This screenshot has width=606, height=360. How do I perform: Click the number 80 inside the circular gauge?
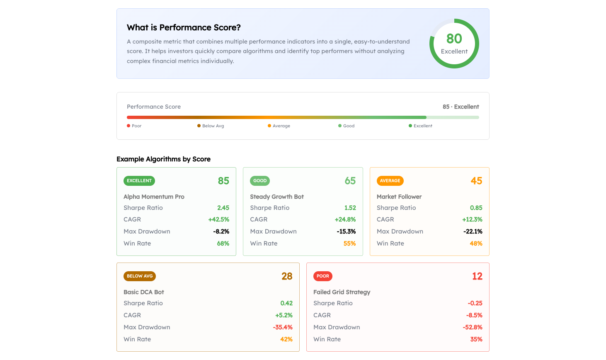point(454,39)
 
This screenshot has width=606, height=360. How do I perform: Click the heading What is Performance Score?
point(184,27)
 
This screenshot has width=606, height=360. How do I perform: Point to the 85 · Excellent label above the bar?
point(461,107)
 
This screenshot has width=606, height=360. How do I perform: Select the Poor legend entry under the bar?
point(134,126)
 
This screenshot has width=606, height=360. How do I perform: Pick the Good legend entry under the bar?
point(347,126)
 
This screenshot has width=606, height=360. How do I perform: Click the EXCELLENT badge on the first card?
point(139,181)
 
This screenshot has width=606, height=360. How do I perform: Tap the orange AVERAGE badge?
point(390,181)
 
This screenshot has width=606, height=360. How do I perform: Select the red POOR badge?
point(322,276)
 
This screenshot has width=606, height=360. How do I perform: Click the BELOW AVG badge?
point(140,276)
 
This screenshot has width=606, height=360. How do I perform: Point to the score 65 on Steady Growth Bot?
point(350,181)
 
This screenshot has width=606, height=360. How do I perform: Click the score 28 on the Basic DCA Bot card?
point(287,276)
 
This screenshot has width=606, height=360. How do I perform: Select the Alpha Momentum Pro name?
point(154,197)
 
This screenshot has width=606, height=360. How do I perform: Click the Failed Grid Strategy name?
point(342,292)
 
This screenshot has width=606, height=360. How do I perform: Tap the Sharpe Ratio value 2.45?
point(223,208)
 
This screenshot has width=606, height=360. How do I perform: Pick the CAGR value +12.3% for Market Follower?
point(472,219)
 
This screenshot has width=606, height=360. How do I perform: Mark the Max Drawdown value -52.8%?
point(473,327)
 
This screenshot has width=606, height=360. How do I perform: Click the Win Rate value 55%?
point(349,243)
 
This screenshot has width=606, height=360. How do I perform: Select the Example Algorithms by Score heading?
point(163,159)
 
